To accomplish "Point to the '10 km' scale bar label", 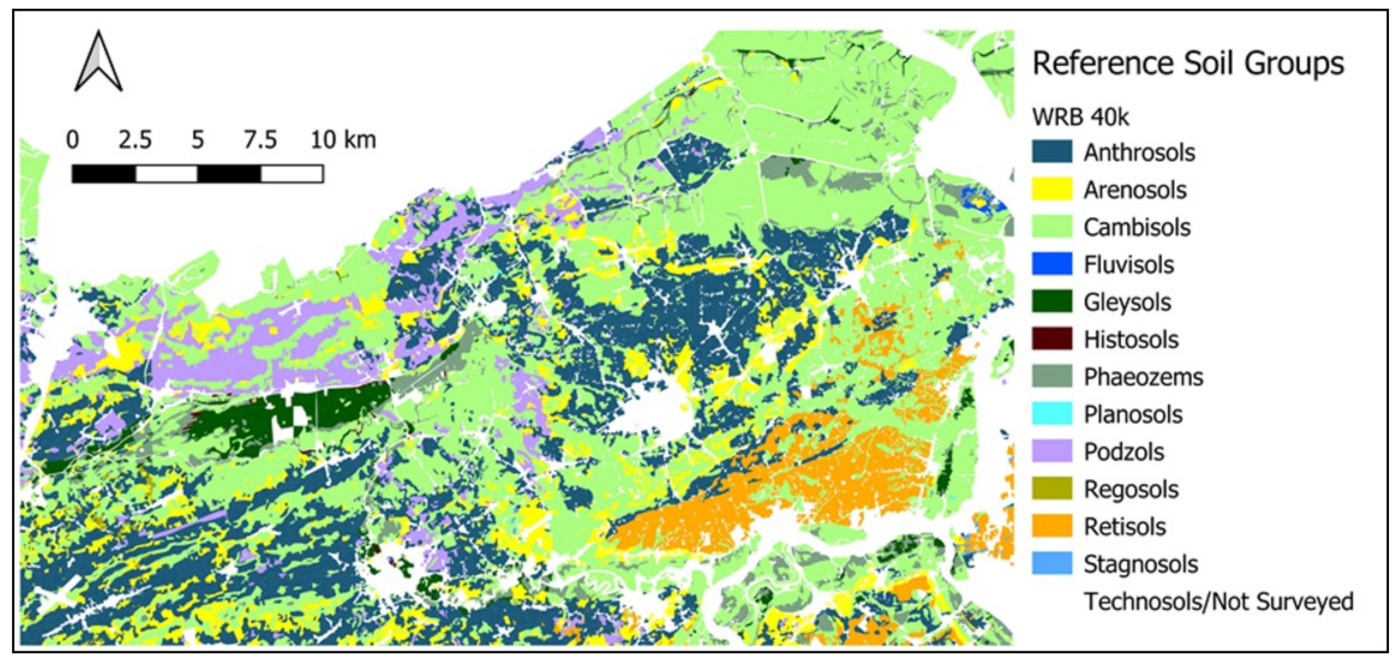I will coord(343,140).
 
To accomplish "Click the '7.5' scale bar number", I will coord(260,140).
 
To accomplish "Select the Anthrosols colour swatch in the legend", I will coord(1051,152).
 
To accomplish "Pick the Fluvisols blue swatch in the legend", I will coord(1051,264).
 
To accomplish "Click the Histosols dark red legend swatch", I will coord(1051,339).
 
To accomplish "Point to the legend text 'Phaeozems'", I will coord(1143,377).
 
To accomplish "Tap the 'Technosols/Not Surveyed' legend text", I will coord(1218,601).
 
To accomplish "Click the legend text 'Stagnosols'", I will coord(1141,564).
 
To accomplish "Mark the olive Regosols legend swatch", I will coord(1051,489).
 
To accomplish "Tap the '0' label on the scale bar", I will coord(72,140).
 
